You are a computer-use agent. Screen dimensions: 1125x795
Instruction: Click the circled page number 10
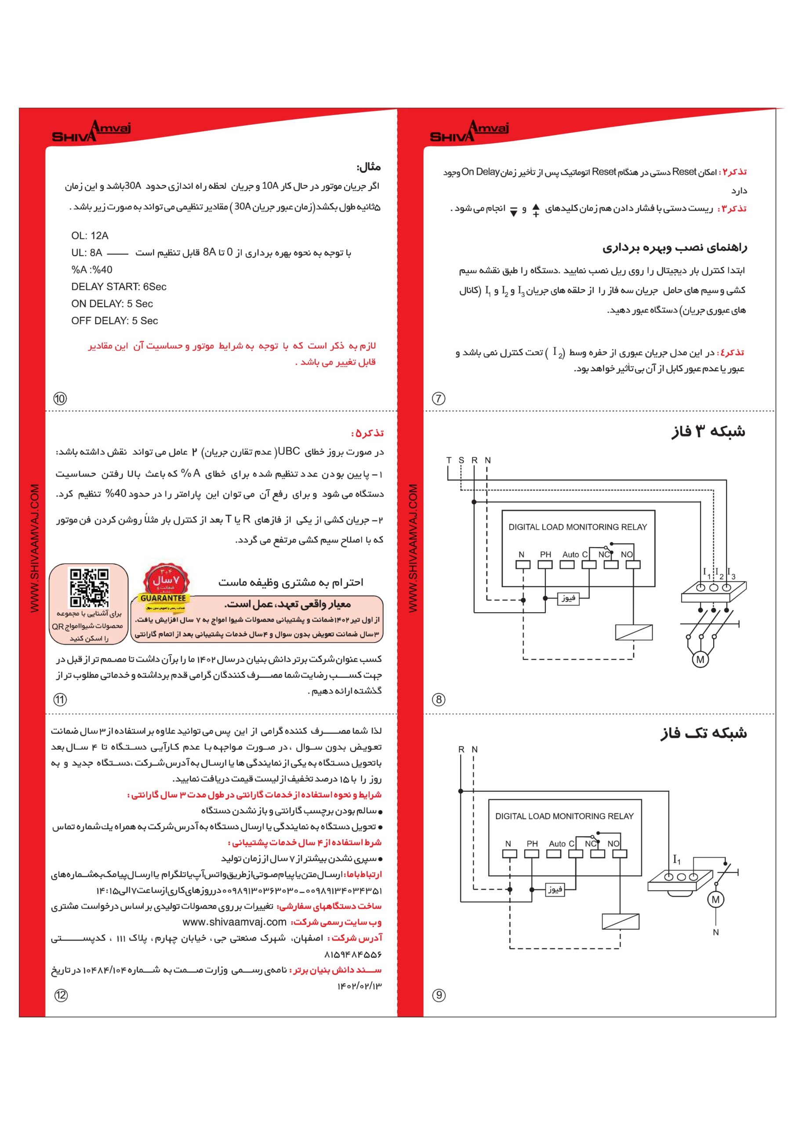coord(60,398)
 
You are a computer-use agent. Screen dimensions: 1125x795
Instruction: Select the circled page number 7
coord(438,398)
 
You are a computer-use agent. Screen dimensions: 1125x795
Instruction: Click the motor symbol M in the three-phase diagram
coord(700,660)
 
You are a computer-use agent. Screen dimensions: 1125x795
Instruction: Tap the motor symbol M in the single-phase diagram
coord(715,899)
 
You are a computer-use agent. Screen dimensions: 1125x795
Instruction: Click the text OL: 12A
coord(90,236)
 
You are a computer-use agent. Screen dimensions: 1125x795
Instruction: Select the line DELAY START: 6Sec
coord(119,287)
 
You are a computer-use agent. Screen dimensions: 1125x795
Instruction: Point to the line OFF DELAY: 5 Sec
coord(115,320)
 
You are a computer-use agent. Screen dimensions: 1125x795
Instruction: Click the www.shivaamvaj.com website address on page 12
coord(234,922)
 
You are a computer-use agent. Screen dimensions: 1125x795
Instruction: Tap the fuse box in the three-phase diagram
coord(568,598)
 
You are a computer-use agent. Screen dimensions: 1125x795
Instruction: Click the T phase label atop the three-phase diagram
coord(448,460)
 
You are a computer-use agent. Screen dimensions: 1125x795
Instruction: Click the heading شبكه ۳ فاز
coord(708,432)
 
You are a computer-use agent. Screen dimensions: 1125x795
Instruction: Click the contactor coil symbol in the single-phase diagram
coord(620,921)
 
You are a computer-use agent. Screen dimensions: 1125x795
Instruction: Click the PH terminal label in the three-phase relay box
coord(545,554)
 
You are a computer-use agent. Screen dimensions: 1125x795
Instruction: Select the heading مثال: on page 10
coord(369,167)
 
